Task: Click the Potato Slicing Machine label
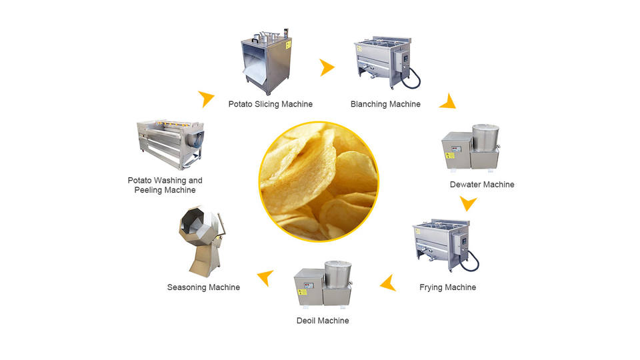tap(270, 104)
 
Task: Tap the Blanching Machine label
tap(385, 104)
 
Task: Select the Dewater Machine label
tap(481, 184)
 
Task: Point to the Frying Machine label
tap(447, 287)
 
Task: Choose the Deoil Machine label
tap(323, 321)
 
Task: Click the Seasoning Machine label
tap(203, 287)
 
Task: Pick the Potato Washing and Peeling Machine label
tap(165, 185)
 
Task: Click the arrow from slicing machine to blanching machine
tap(326, 67)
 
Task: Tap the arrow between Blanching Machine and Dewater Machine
tap(447, 101)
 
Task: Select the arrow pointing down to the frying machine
tap(469, 203)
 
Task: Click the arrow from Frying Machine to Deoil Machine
tap(388, 285)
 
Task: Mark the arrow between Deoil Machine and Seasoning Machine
tap(266, 277)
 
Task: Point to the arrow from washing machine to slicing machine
tap(207, 99)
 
